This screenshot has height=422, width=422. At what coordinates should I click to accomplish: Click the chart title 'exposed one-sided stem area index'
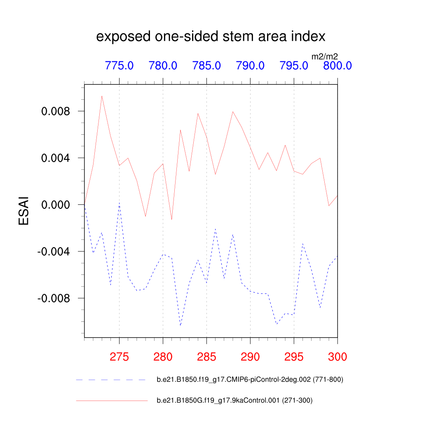[211, 37]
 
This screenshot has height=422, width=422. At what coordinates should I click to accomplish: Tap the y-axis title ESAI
[24, 210]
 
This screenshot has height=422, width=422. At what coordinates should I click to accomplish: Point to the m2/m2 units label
[324, 56]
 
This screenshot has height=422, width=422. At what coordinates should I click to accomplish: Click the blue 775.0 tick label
[119, 66]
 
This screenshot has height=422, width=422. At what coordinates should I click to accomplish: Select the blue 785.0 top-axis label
[206, 66]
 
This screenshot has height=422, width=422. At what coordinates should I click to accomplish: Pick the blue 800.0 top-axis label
[337, 66]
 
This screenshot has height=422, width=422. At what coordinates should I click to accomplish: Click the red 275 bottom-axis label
[119, 357]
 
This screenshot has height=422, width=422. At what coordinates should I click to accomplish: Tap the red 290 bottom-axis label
[250, 357]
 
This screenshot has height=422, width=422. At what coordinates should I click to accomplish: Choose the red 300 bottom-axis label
[337, 357]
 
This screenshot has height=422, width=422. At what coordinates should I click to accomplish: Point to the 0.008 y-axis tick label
[56, 111]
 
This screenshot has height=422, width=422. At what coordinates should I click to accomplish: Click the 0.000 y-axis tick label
[56, 205]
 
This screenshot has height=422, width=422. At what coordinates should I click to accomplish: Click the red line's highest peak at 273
[102, 96]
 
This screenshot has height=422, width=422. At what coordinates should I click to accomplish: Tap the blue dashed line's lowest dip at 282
[180, 326]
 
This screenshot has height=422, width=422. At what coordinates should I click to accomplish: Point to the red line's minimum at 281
[171, 220]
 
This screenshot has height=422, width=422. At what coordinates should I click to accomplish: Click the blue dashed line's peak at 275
[119, 203]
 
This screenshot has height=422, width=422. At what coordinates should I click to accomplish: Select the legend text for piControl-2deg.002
[250, 380]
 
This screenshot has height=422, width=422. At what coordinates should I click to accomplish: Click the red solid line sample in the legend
[111, 400]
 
